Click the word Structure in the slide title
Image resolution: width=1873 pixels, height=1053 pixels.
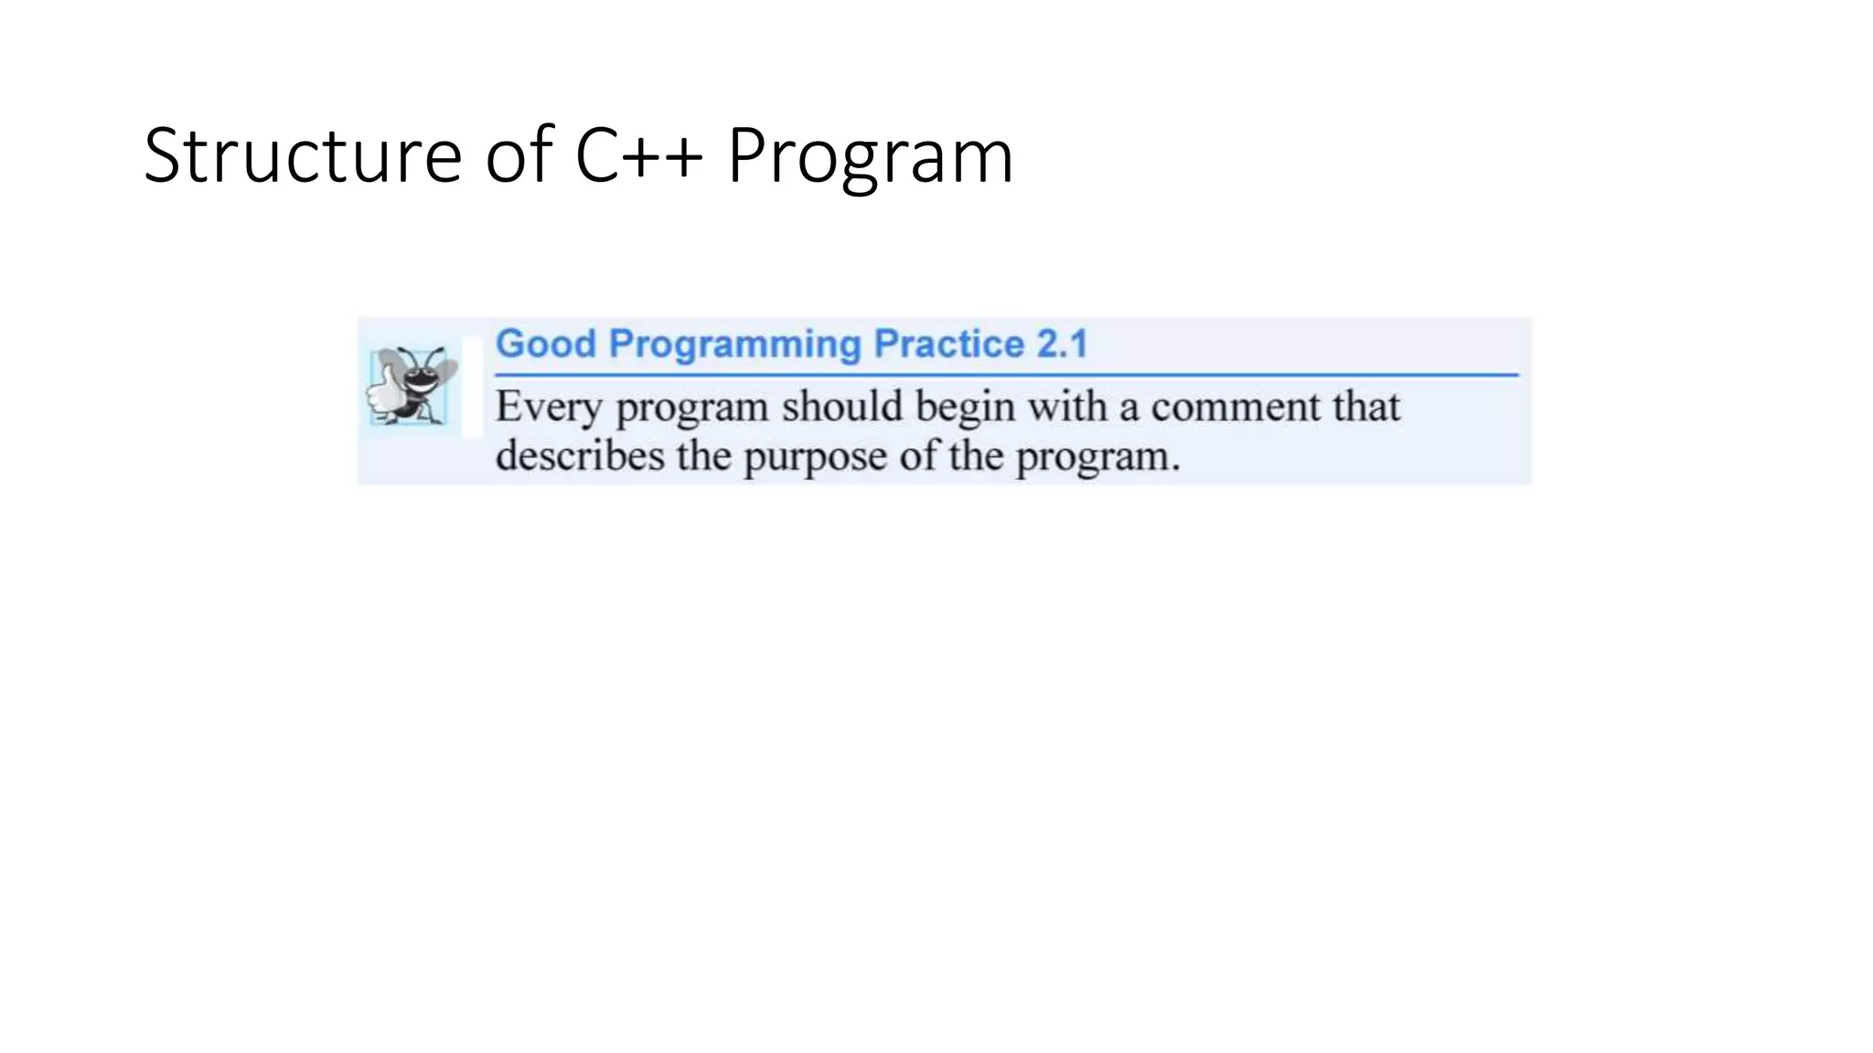[x=302, y=156]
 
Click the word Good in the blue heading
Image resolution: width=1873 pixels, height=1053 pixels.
[x=545, y=345]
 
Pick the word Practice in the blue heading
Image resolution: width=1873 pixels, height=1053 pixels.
[x=948, y=345]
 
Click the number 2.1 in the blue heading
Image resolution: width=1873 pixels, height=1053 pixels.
[x=1062, y=345]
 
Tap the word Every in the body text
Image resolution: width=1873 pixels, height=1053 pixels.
[x=548, y=409]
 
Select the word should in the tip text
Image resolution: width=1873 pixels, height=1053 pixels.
[x=841, y=407]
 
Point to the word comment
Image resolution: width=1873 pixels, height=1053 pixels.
[x=1236, y=408]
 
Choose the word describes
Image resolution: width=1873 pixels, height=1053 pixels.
[x=580, y=456]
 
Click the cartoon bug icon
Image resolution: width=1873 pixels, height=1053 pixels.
[x=412, y=385]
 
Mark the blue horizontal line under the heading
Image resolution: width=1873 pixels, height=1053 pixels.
[x=1006, y=375]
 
